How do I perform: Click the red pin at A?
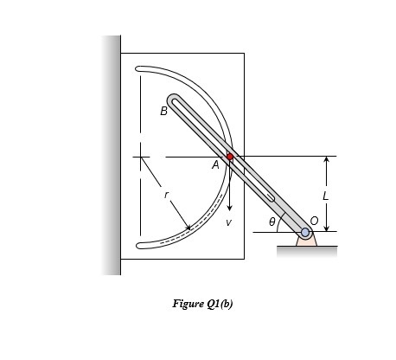[230, 157]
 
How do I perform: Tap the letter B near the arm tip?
[163, 111]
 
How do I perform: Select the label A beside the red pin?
[215, 165]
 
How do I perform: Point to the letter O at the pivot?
[314, 221]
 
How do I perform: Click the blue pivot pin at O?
[305, 232]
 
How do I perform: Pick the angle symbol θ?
[272, 222]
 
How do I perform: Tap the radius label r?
[166, 195]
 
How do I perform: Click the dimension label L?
[325, 196]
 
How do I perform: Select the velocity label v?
[228, 222]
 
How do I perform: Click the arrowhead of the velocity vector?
[229, 208]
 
